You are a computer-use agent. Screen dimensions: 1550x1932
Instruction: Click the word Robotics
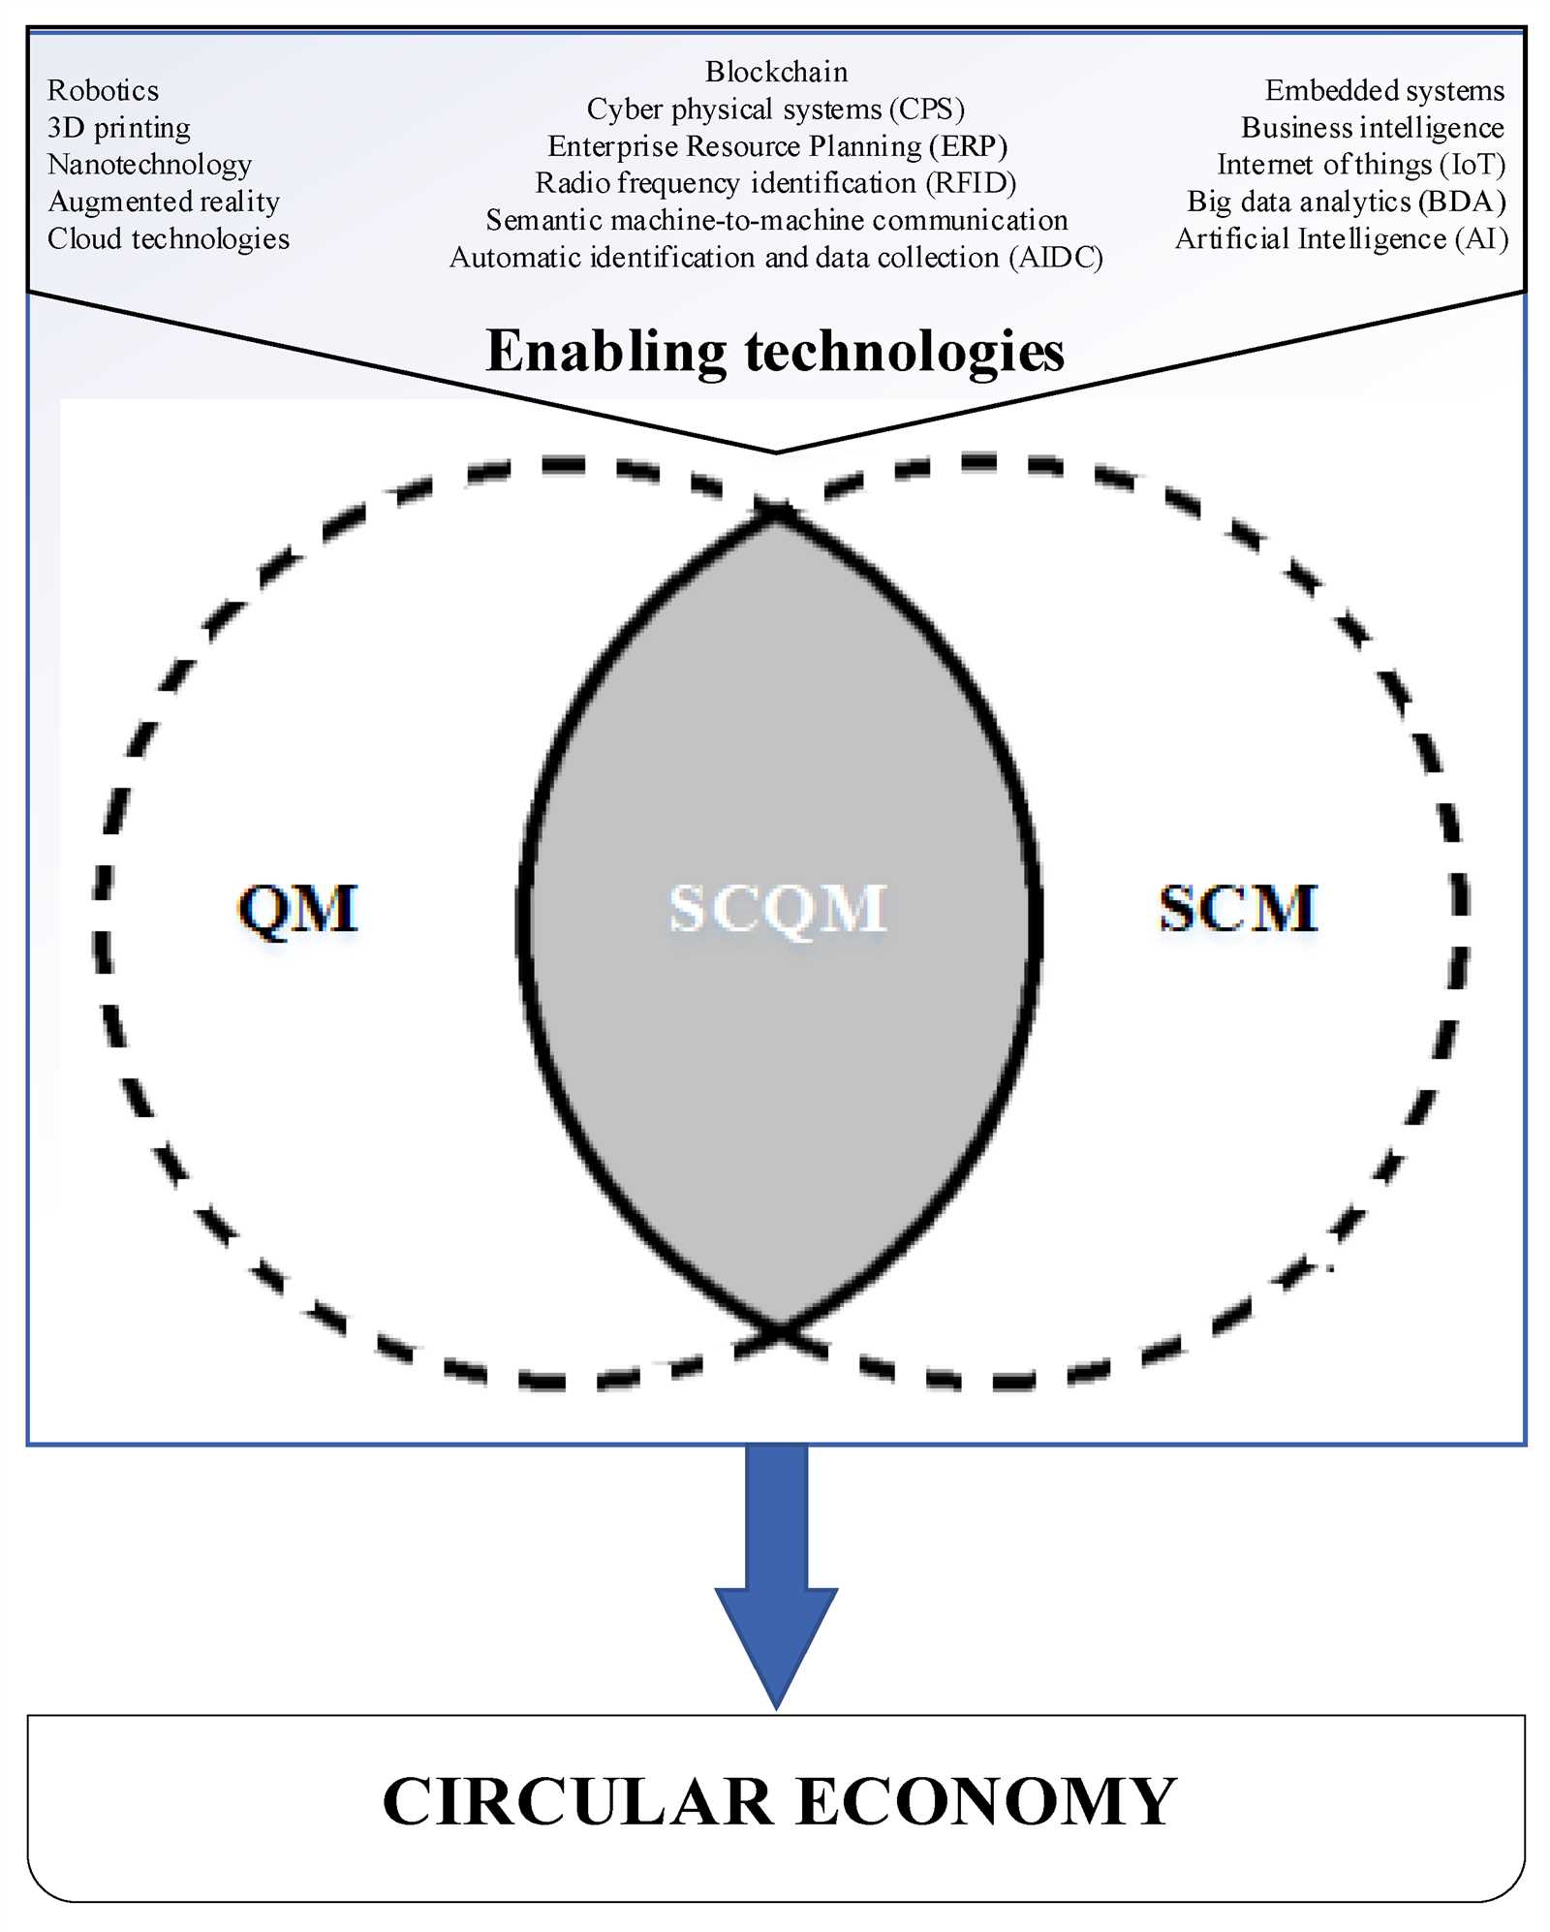(x=103, y=90)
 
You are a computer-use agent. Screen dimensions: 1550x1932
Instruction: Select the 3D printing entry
(x=119, y=128)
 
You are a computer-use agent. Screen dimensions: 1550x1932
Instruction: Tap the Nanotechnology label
(x=149, y=166)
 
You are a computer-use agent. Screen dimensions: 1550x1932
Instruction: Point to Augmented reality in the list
(x=164, y=203)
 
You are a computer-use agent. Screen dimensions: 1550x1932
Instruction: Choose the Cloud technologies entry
(x=169, y=239)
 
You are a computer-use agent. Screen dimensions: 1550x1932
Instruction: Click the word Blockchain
(x=776, y=72)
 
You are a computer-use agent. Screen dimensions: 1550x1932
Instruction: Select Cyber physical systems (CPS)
(x=776, y=109)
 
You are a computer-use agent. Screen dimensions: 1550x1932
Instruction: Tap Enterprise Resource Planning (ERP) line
(x=777, y=146)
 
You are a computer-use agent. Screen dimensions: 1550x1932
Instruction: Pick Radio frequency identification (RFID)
(x=776, y=183)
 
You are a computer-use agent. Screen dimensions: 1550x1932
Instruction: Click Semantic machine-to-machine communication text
(x=777, y=220)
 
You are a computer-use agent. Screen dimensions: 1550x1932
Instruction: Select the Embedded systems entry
(x=1384, y=91)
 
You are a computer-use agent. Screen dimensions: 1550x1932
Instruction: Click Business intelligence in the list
(x=1373, y=128)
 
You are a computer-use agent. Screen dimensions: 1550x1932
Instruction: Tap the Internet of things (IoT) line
(x=1361, y=165)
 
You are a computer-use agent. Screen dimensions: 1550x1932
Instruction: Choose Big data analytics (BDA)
(x=1347, y=202)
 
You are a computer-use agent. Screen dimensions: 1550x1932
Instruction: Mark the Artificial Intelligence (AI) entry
(x=1342, y=239)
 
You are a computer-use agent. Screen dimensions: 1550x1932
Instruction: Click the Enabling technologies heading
(x=775, y=352)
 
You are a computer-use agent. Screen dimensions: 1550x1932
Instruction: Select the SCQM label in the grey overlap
(x=777, y=910)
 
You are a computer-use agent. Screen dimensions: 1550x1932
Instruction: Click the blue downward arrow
(x=776, y=1574)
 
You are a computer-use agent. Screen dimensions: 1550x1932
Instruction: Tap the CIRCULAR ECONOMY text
(x=779, y=1801)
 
